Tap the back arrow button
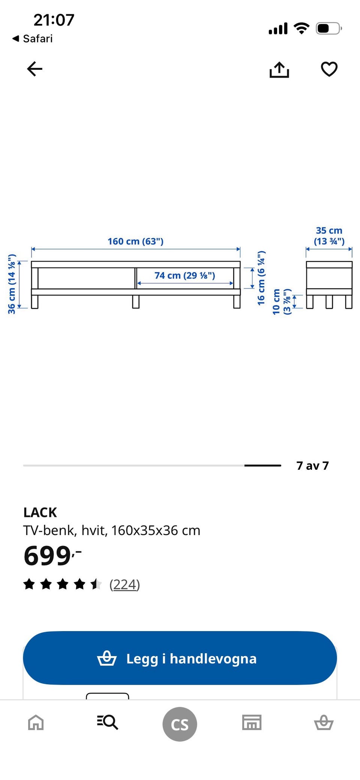pos(34,69)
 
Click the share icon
pos(279,70)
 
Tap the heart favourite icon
pos(329,69)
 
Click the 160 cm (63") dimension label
pos(136,241)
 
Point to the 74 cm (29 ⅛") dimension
pos(185,275)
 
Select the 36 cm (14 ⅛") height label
pos(12,284)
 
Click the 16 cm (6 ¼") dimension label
pos(261,278)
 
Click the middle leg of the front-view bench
pos(136,302)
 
